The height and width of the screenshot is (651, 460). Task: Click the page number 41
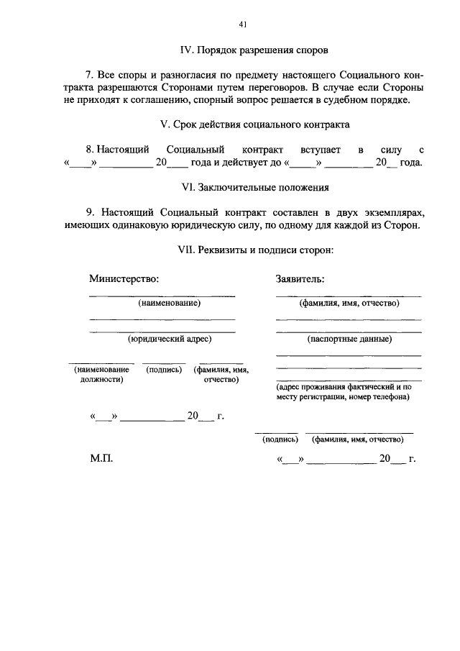coord(243,24)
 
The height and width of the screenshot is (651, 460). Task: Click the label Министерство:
coord(124,278)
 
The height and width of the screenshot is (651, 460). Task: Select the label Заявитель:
coord(300,278)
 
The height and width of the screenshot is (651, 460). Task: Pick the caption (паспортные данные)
coord(349,338)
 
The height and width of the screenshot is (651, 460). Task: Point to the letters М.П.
coord(101,458)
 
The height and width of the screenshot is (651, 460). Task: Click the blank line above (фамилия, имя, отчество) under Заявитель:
coord(349,296)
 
